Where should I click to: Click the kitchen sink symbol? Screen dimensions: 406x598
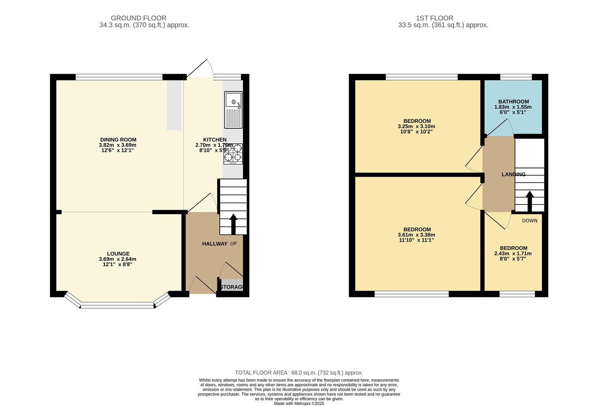point(233,110)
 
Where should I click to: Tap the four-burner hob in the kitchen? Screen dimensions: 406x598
point(233,154)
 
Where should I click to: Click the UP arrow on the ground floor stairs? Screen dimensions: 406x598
point(233,224)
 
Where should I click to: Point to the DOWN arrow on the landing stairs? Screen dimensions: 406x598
point(529,201)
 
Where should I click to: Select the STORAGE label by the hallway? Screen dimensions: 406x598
point(232,287)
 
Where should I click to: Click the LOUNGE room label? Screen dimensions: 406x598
point(118,254)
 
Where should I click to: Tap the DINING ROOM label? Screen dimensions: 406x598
point(118,139)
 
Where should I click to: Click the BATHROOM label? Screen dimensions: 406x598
point(513,101)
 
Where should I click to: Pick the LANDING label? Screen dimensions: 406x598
point(513,174)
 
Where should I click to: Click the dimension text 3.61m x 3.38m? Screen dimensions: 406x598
point(416,235)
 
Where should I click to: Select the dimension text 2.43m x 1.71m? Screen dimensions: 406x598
point(513,253)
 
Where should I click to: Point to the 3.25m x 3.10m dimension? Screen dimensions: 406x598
point(416,126)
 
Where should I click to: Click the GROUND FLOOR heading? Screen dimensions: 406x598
point(138,18)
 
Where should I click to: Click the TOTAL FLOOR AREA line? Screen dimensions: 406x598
point(299,373)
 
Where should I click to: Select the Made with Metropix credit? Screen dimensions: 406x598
point(299,403)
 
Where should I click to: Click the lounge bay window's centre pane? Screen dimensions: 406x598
point(118,306)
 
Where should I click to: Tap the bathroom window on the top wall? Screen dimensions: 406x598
point(516,77)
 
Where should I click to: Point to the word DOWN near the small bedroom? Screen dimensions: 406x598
point(529,221)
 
